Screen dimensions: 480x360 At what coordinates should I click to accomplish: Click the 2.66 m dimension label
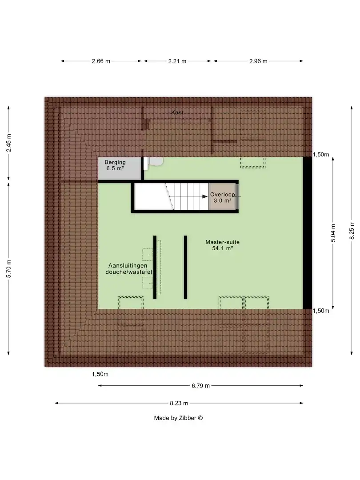click(101, 61)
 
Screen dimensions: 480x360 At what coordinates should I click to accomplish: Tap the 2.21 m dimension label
click(177, 61)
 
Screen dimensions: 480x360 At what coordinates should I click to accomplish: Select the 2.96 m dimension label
click(258, 61)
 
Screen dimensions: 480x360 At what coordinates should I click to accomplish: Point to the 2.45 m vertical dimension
click(9, 143)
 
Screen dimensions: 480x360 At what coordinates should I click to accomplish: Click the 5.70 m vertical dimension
click(9, 268)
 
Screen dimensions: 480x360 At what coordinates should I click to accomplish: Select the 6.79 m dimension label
click(201, 386)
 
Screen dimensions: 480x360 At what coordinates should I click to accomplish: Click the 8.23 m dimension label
click(179, 403)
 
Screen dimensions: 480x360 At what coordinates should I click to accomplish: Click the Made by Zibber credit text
click(178, 418)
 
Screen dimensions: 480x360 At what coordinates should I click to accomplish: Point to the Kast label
click(177, 113)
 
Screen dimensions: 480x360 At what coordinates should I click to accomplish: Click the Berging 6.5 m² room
click(115, 166)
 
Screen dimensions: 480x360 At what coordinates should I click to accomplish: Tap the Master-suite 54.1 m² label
click(222, 245)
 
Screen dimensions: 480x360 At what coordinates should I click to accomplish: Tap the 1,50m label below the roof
click(100, 374)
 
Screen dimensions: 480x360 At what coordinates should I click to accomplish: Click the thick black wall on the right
click(307, 233)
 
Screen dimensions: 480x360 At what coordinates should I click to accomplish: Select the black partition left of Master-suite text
click(186, 267)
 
